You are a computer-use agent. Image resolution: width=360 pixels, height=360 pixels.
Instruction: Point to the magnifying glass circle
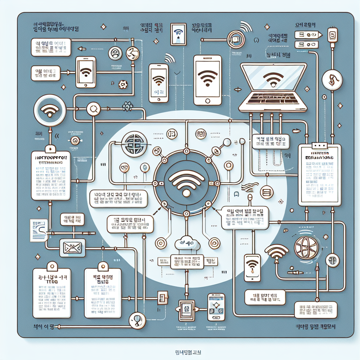pyautogui.click(x=94, y=109)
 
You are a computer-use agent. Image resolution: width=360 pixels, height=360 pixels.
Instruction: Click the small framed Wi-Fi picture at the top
pyautogui.click(x=179, y=34)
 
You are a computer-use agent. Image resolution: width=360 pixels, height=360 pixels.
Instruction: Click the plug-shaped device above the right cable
pyautogui.click(x=332, y=36)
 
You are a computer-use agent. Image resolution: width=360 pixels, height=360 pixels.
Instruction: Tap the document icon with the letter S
pyautogui.click(x=39, y=230)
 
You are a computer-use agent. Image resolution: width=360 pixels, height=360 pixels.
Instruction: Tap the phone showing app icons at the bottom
pyautogui.click(x=216, y=307)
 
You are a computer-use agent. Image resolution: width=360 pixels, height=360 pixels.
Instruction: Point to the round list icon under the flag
pyautogui.click(x=266, y=192)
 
